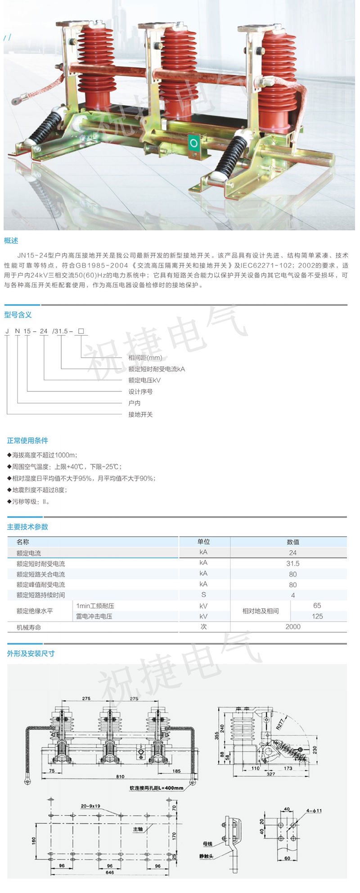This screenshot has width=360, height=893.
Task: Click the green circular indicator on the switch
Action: pyautogui.click(x=194, y=143)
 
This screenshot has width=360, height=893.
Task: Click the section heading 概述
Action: pyautogui.click(x=11, y=241)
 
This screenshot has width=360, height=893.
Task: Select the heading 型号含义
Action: pyautogui.click(x=18, y=315)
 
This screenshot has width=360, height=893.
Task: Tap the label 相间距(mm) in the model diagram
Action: pyautogui.click(x=145, y=358)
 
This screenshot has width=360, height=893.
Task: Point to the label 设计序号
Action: pyautogui.click(x=140, y=391)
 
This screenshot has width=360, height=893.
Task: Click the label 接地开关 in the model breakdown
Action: pyautogui.click(x=140, y=414)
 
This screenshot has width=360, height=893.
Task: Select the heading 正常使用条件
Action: pyautogui.click(x=27, y=440)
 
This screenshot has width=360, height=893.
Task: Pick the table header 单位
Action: pyautogui.click(x=204, y=542)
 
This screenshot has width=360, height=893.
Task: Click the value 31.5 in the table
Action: pyautogui.click(x=293, y=563)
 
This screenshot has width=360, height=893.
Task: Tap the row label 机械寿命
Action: pyautogui.click(x=29, y=627)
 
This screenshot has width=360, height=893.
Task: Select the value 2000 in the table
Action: pyautogui.click(x=293, y=627)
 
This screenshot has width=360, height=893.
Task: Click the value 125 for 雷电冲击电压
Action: pyautogui.click(x=317, y=616)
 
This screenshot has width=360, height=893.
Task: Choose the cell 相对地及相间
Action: pyautogui.click(x=261, y=611)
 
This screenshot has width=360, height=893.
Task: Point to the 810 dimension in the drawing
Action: pyautogui.click(x=120, y=777)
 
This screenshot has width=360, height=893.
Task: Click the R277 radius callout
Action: pyautogui.click(x=280, y=724)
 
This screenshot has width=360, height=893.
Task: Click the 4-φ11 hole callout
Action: pyautogui.click(x=315, y=811)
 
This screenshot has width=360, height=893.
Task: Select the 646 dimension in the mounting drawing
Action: pyautogui.click(x=109, y=872)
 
